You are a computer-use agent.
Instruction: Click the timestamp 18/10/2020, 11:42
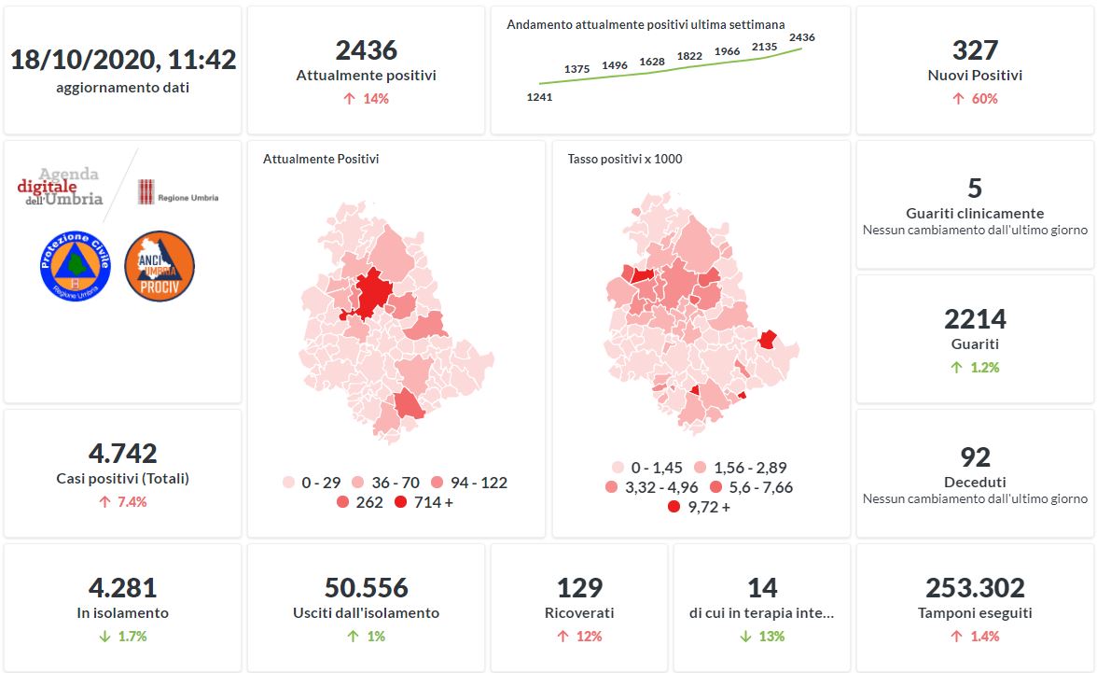pos(123,60)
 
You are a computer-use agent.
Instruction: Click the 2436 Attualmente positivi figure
pos(366,49)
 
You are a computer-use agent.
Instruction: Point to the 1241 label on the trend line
pos(539,96)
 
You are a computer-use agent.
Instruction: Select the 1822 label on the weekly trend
pos(689,56)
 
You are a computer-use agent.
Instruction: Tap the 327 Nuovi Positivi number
pos(975,49)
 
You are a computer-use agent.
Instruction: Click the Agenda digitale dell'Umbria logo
pos(60,187)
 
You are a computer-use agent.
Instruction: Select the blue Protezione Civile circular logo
pos(76,265)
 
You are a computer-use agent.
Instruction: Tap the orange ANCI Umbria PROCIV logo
pos(160,265)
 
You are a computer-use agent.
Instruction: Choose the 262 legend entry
pos(355,502)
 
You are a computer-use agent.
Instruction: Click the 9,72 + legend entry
pos(699,507)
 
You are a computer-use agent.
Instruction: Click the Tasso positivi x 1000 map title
pos(625,159)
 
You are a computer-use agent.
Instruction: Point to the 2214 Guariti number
pos(975,319)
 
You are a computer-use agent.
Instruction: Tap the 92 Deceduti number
pos(975,457)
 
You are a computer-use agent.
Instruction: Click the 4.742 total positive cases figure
pos(123,454)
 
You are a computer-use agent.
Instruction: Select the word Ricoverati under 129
pos(579,613)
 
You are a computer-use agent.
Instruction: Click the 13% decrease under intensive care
pos(762,637)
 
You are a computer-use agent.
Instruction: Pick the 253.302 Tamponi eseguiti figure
pos(975,588)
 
